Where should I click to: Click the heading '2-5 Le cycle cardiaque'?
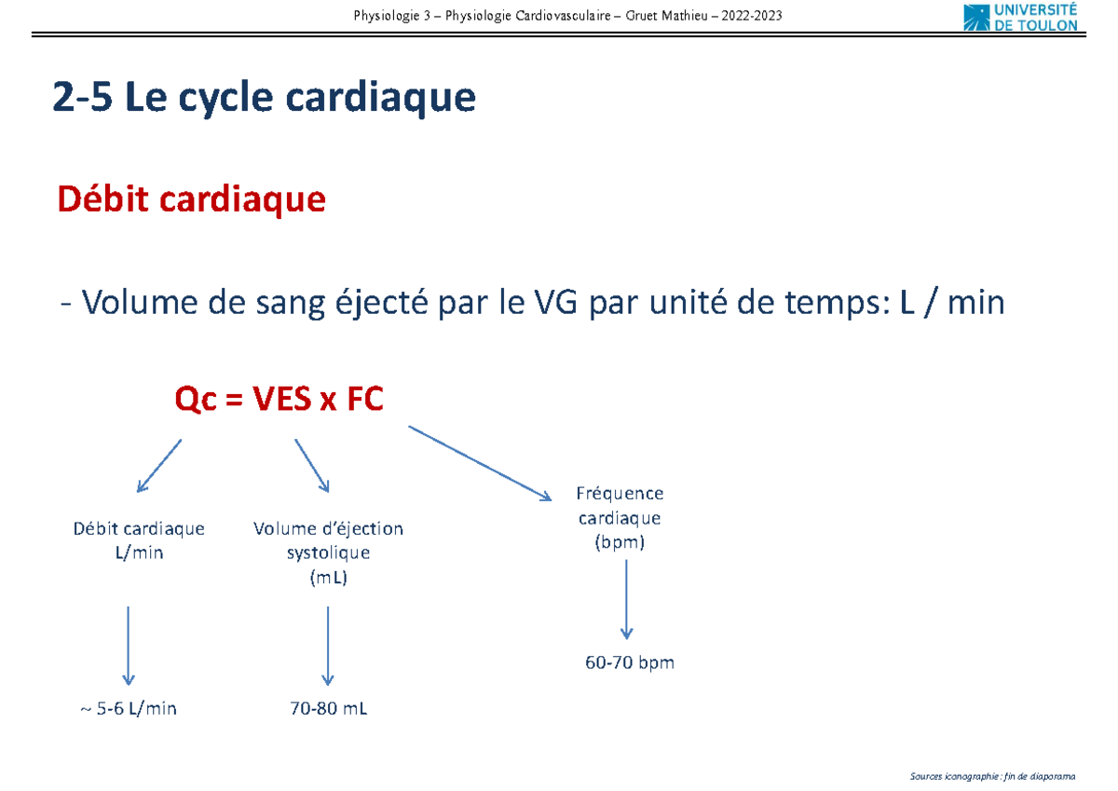(x=265, y=99)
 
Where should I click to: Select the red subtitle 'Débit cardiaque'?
(x=191, y=199)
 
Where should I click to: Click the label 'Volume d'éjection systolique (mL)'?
(x=328, y=552)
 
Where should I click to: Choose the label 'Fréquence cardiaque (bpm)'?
(x=620, y=518)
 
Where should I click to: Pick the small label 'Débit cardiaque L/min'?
(x=139, y=540)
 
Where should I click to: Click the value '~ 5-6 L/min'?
(x=129, y=709)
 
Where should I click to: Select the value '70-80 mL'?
(x=328, y=709)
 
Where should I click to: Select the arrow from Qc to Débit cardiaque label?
(x=159, y=465)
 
